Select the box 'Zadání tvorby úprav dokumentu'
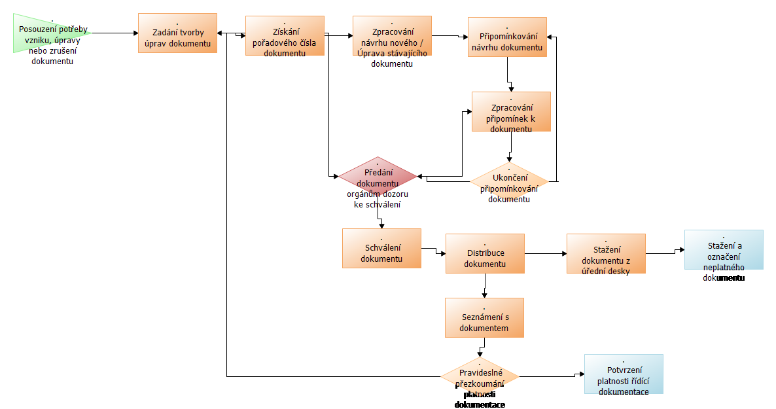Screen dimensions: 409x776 click(x=177, y=33)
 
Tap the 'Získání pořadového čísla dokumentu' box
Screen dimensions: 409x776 click(x=285, y=36)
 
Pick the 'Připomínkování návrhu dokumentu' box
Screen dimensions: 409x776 click(x=507, y=37)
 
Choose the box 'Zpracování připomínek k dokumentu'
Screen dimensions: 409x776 click(x=511, y=111)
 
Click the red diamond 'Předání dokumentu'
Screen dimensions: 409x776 click(x=378, y=177)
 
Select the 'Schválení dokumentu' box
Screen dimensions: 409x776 click(x=381, y=248)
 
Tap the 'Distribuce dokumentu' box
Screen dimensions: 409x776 click(x=485, y=253)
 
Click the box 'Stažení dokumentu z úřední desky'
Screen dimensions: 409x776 click(x=606, y=253)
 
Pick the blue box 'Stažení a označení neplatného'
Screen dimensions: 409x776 click(x=724, y=249)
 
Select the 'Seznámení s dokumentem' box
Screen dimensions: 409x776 click(x=484, y=317)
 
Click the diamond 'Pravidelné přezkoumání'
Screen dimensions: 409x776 click(x=480, y=378)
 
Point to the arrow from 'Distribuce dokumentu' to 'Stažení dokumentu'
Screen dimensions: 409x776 click(x=546, y=253)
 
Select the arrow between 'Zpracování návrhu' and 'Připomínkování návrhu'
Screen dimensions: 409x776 click(x=450, y=36)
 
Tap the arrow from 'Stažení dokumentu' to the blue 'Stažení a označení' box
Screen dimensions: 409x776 click(x=665, y=252)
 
